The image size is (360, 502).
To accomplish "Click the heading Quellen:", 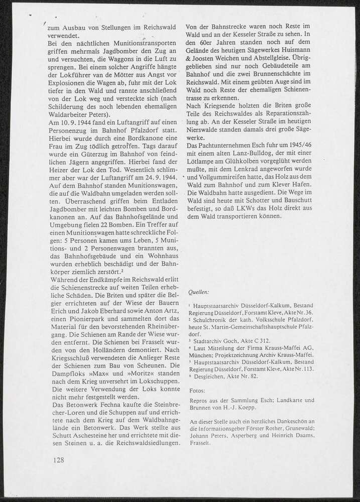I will tap(199, 292).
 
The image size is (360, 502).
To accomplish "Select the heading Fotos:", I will tap(198, 390).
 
